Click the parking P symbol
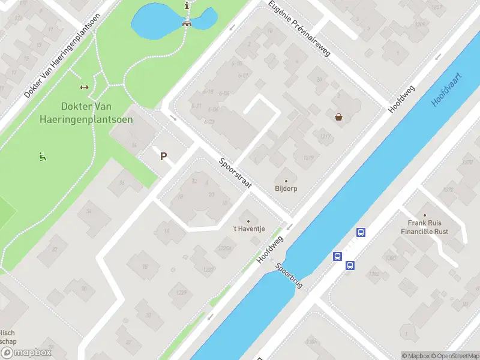[163, 157]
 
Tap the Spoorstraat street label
[235, 174]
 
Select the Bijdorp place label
[286, 188]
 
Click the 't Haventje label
[248, 228]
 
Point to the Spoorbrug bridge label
[290, 277]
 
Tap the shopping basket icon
[339, 117]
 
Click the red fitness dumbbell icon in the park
[84, 87]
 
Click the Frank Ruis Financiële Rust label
[425, 227]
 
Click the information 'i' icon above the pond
[188, 5]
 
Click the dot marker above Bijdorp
[286, 181]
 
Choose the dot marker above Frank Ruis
[425, 215]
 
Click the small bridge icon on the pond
[187, 24]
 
